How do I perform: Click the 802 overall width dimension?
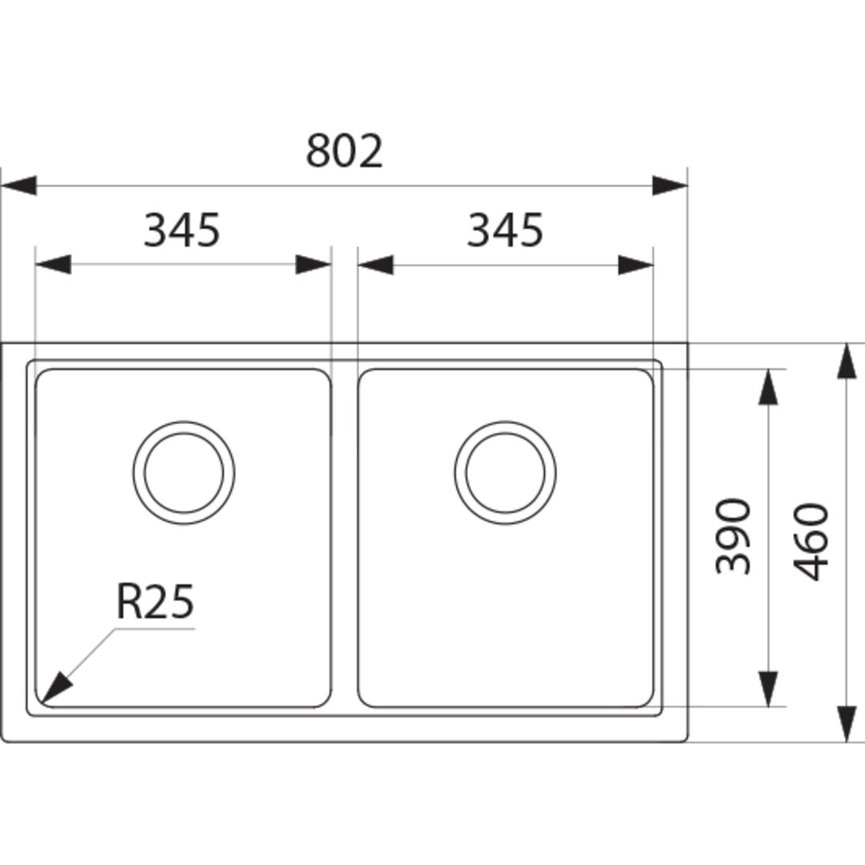click(x=344, y=151)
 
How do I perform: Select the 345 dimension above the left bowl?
click(x=182, y=229)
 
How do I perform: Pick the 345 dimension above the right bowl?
click(x=505, y=229)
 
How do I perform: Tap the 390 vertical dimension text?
click(x=733, y=536)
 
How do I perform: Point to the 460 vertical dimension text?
click(x=811, y=542)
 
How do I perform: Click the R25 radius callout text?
click(x=155, y=601)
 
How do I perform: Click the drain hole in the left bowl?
click(x=184, y=473)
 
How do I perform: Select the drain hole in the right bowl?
click(x=505, y=473)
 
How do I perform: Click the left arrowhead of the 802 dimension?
click(x=18, y=186)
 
